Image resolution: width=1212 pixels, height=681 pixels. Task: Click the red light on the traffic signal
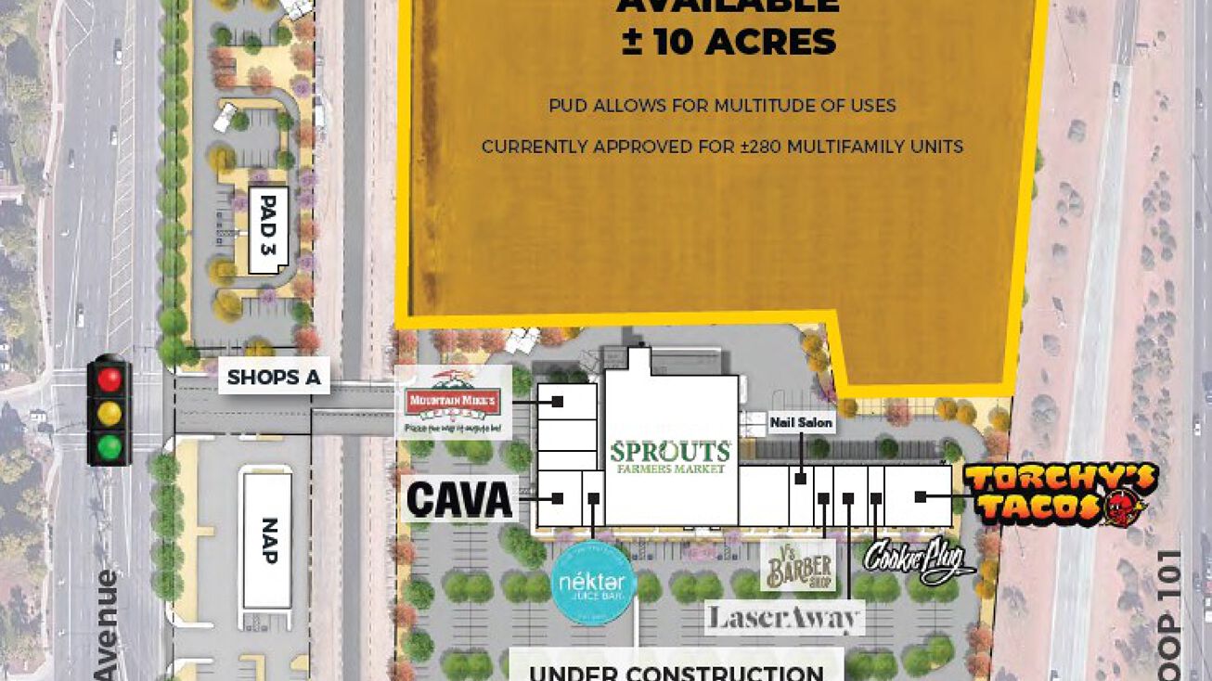coord(110,379)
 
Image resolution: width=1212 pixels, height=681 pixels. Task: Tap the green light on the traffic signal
coord(110,447)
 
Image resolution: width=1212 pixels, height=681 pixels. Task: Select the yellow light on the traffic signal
coord(110,413)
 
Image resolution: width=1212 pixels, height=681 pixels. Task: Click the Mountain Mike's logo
coord(454,402)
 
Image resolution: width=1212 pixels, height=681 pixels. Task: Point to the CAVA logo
coord(460,500)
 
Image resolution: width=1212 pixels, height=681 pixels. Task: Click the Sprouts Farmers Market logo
coord(671,457)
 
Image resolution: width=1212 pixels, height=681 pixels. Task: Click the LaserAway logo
coord(785,618)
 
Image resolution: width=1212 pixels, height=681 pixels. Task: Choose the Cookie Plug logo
coord(919,559)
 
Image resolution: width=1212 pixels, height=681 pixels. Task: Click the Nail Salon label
coord(802,423)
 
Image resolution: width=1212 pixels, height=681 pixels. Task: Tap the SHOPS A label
coord(274,378)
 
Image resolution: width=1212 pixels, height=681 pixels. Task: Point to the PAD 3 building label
coord(269,228)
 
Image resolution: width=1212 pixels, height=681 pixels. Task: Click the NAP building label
coord(269,540)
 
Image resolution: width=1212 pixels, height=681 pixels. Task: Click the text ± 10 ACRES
coord(728,43)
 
